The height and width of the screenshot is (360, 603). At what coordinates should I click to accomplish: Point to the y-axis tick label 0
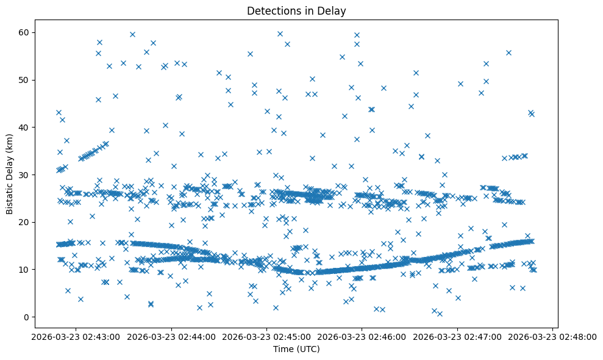pos(27,317)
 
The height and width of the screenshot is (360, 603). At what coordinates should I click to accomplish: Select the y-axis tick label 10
pos(25,269)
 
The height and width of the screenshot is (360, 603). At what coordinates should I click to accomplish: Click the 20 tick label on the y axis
pos(25,222)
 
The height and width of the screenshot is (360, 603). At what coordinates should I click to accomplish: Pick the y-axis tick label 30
pos(25,175)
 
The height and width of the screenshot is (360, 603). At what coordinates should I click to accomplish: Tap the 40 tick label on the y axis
pos(25,127)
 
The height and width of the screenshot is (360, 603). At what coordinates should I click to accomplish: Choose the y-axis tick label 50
pos(25,80)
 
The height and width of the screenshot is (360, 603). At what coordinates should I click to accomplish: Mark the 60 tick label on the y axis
pos(25,32)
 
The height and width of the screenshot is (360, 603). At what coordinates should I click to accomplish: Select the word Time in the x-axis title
pos(282,349)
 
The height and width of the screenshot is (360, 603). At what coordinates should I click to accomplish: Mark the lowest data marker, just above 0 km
pos(439,314)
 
